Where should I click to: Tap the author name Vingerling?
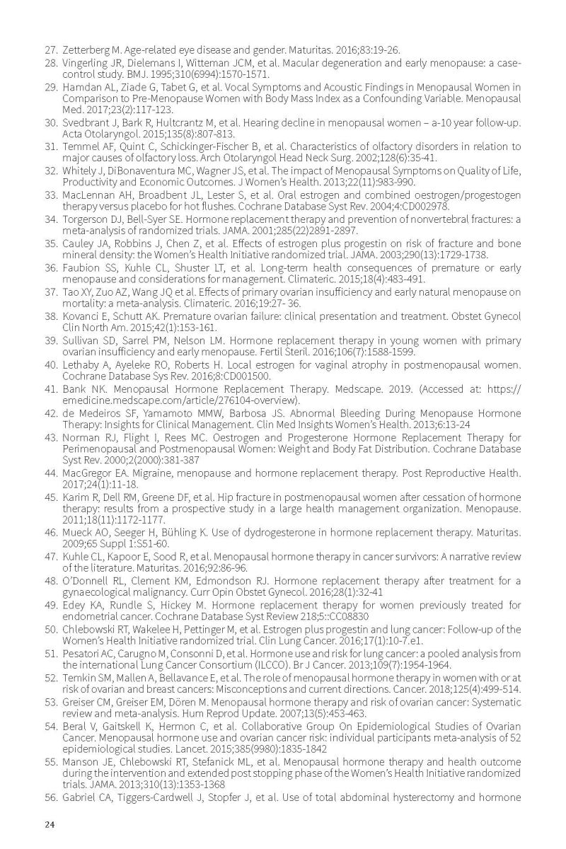point(85,63)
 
